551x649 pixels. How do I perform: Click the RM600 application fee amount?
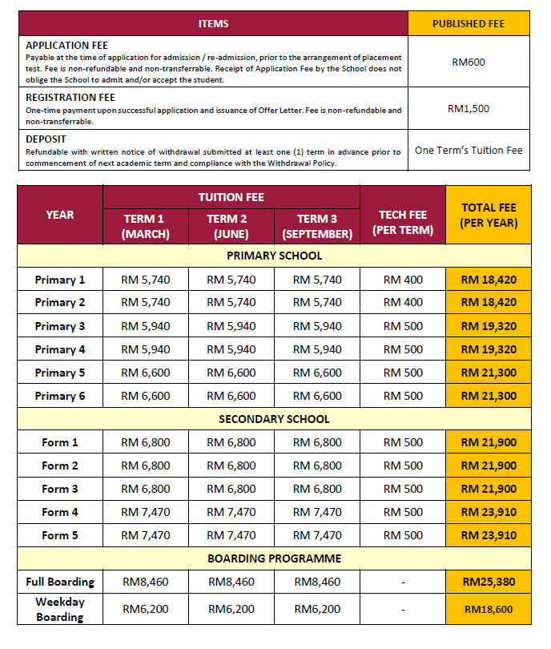click(469, 61)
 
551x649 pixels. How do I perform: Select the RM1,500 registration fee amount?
click(469, 107)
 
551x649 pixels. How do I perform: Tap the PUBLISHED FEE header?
click(469, 24)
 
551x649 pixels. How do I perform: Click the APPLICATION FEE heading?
click(66, 46)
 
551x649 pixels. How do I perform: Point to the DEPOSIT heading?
click(46, 139)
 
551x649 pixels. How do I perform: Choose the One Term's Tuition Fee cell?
click(469, 151)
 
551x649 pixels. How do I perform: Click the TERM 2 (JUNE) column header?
click(231, 226)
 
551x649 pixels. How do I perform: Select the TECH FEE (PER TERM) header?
click(403, 222)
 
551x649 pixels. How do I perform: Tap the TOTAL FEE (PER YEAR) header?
click(489, 215)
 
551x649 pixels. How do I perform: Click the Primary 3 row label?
click(60, 326)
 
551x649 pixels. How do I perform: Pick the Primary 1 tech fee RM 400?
click(403, 280)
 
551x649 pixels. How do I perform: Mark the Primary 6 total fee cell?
click(489, 396)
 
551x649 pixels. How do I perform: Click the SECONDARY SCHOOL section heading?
click(274, 419)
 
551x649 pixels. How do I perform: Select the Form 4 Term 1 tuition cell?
click(145, 512)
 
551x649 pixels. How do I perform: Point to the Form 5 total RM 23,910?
click(489, 535)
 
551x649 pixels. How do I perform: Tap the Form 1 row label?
click(60, 442)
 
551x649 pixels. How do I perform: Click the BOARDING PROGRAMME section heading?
click(274, 558)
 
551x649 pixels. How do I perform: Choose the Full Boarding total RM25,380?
click(489, 582)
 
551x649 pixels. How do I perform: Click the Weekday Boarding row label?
click(60, 609)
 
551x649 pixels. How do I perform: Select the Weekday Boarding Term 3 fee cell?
click(317, 609)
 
